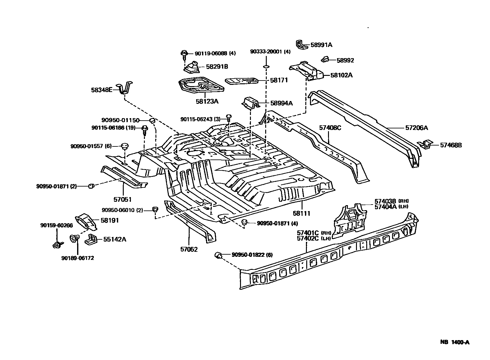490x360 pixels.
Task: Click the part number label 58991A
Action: tap(321, 45)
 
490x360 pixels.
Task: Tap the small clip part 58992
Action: tap(325, 59)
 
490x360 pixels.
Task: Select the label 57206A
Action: tap(416, 127)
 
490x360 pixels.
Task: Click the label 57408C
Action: tap(330, 127)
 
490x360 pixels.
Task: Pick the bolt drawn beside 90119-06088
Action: tap(184, 55)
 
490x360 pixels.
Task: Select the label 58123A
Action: tap(207, 101)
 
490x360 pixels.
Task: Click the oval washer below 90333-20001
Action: tap(266, 67)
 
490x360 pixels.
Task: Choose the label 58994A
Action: tap(281, 103)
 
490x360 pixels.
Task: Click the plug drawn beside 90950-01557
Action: tap(125, 146)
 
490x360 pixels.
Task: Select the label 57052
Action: tap(189, 249)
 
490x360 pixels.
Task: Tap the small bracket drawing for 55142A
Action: tap(91, 239)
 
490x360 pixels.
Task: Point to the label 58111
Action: tap(301, 214)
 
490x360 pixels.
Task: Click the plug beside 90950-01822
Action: tap(218, 256)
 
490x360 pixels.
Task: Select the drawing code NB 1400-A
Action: tap(454, 342)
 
